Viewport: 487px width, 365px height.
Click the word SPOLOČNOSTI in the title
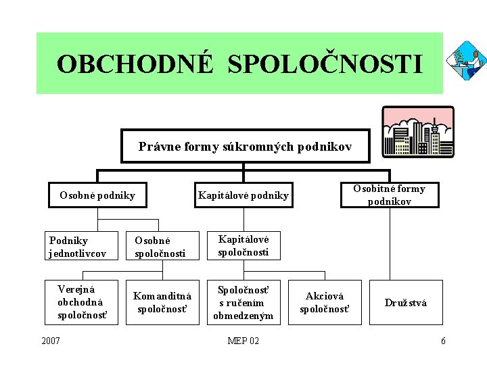click(x=325, y=64)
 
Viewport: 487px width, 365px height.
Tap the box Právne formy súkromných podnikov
click(x=245, y=146)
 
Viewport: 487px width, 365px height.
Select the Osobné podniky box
click(x=97, y=196)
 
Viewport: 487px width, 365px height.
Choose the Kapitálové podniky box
click(x=243, y=196)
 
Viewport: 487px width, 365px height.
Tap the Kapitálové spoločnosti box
click(x=243, y=245)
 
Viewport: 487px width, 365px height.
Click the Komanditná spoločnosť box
click(x=162, y=302)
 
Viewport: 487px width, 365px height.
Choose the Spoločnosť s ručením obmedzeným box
click(x=243, y=302)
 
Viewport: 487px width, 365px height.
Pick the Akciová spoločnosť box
click(x=325, y=302)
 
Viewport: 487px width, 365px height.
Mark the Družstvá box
click(x=406, y=302)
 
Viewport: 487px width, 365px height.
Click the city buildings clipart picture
click(x=419, y=132)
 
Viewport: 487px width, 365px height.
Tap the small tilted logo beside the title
click(x=466, y=60)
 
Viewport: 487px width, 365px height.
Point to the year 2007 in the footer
click(x=50, y=341)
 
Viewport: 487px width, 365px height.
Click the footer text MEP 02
click(x=243, y=341)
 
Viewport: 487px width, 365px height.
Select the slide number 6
click(x=443, y=341)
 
